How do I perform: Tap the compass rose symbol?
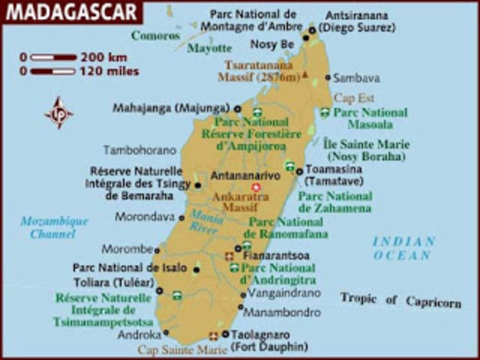(58, 113)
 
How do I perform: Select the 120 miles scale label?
(111, 71)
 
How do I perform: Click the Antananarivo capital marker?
(256, 186)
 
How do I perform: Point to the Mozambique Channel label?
(54, 227)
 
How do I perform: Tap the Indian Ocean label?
(403, 248)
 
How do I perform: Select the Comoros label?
(156, 35)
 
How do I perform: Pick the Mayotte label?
(209, 49)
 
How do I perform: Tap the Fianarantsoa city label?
(276, 256)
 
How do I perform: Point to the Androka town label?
(139, 335)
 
